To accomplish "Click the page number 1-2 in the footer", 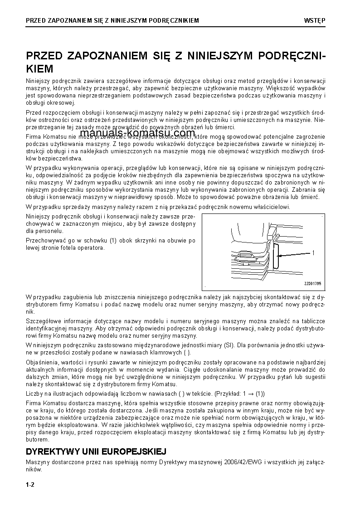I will (x=30, y=485).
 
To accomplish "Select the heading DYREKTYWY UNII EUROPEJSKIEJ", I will (x=96, y=452).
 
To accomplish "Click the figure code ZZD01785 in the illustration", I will (x=312, y=284).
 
